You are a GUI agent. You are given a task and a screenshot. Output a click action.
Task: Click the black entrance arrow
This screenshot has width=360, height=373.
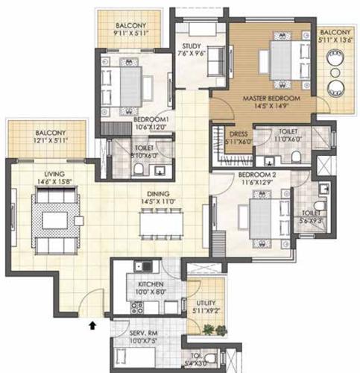click(92, 325)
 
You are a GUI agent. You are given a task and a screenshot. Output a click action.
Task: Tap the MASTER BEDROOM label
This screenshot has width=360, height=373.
click(268, 98)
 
